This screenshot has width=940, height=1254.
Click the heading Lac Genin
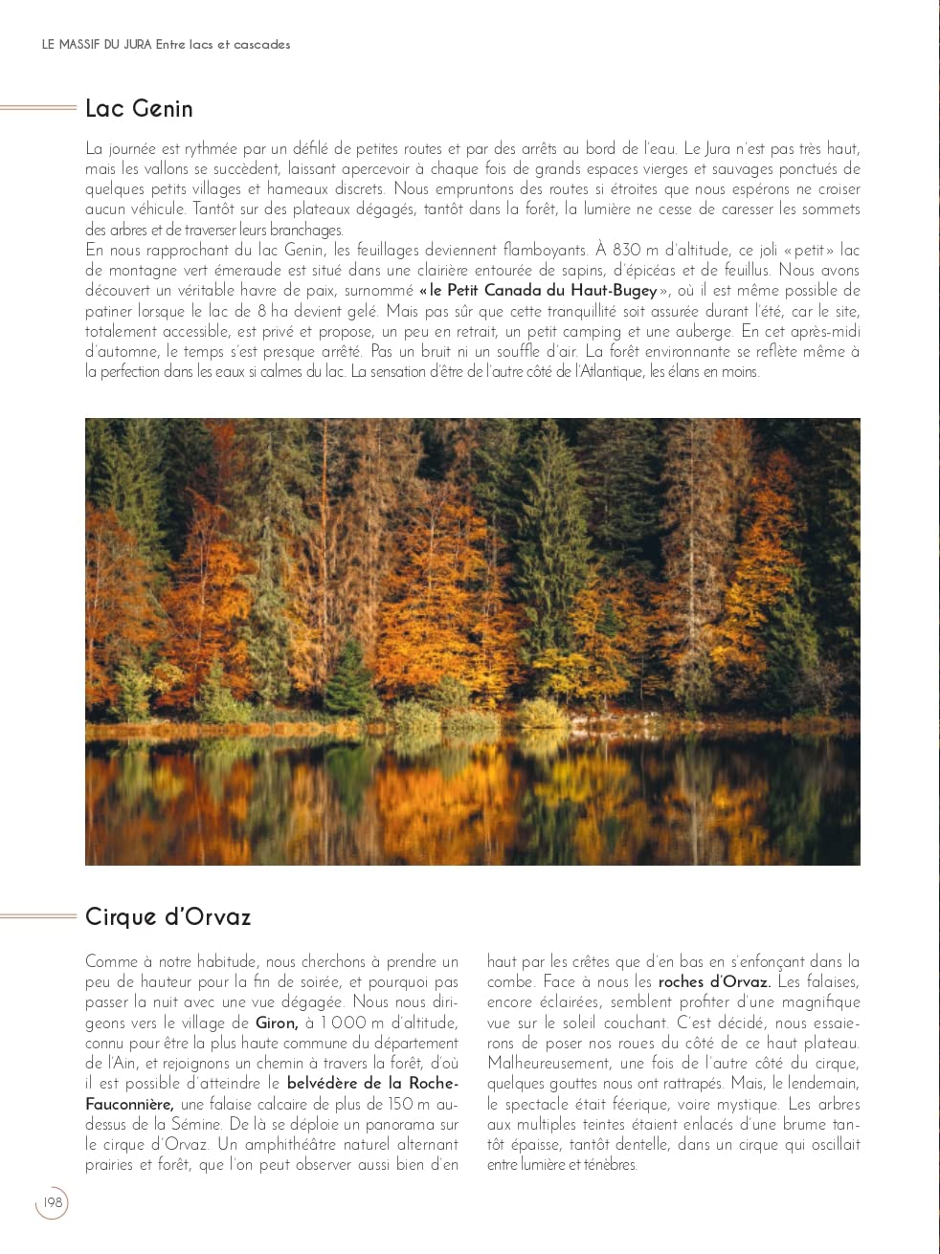point(139,109)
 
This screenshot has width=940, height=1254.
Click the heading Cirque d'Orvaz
point(168,917)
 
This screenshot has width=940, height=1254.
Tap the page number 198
point(53,1202)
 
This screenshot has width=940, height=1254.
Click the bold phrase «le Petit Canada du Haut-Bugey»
point(542,291)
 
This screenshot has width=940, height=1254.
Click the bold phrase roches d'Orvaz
point(714,982)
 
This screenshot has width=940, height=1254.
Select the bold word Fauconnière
point(129,1104)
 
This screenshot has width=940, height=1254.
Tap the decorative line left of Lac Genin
point(38,108)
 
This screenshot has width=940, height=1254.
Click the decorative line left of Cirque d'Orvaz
point(38,916)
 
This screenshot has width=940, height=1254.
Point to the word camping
point(593,331)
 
